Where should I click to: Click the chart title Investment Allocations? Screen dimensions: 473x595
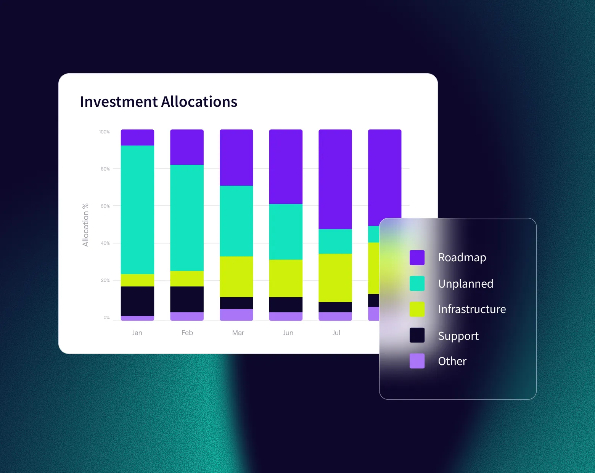(x=158, y=102)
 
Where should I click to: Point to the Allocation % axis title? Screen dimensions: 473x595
(x=85, y=225)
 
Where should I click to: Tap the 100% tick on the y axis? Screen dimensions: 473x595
(x=104, y=132)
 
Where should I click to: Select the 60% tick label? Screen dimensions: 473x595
(x=105, y=206)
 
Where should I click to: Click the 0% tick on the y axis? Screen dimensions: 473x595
(x=106, y=317)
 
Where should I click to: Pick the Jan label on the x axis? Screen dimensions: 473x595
(x=137, y=333)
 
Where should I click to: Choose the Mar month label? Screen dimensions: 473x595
(x=238, y=333)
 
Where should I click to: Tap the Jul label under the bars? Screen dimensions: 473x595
(x=336, y=333)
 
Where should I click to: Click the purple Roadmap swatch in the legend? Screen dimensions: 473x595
(x=417, y=257)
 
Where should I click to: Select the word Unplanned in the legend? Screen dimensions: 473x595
(x=465, y=283)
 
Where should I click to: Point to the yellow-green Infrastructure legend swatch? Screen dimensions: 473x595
(x=417, y=309)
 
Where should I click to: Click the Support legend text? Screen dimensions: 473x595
(x=458, y=336)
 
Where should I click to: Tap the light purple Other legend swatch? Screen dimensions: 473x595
(x=417, y=361)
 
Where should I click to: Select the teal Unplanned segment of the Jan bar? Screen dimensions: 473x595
(x=137, y=210)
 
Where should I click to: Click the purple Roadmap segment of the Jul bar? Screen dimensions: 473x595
(x=335, y=179)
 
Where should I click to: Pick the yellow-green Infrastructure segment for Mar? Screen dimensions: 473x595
(x=236, y=277)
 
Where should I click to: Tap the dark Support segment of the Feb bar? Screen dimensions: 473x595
(x=187, y=299)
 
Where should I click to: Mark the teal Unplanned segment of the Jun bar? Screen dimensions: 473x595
(x=286, y=232)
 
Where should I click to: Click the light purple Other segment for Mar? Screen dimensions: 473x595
(x=236, y=315)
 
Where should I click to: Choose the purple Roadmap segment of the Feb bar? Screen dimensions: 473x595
(x=187, y=147)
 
